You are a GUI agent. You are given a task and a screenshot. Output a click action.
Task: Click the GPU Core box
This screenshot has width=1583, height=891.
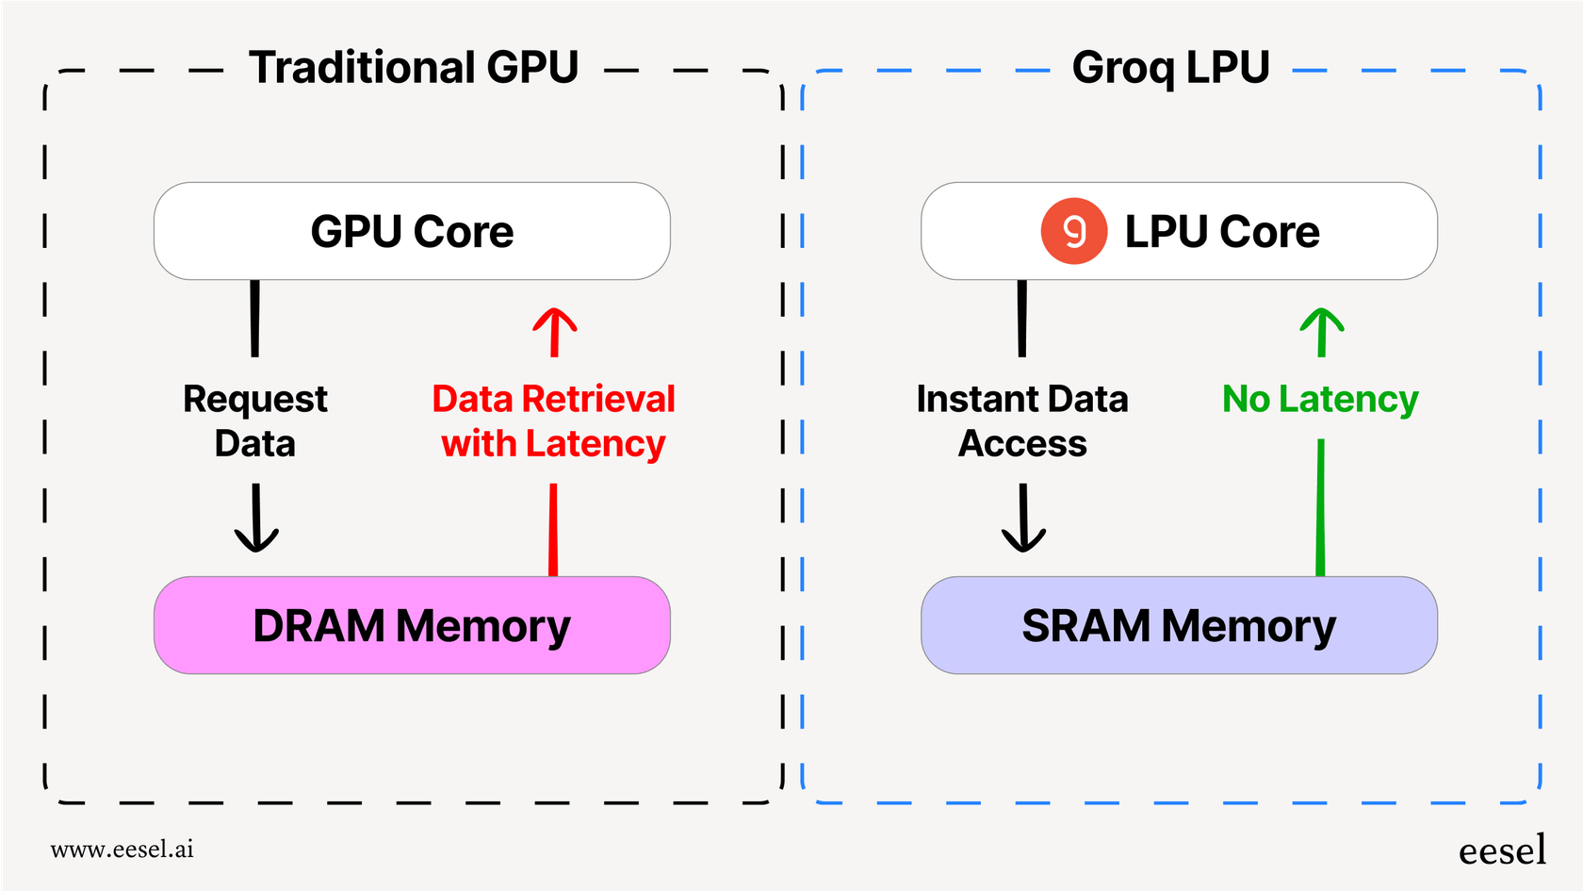412,231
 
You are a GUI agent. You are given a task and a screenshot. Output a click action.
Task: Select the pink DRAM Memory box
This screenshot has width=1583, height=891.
412,625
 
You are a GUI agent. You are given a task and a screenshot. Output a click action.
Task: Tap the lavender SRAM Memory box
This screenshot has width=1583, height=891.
1179,625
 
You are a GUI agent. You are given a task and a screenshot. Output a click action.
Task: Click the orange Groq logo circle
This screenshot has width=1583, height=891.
1073,231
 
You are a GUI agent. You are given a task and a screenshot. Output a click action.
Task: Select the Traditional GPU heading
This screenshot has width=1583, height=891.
413,68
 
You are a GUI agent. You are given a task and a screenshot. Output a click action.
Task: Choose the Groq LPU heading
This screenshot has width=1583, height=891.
1171,68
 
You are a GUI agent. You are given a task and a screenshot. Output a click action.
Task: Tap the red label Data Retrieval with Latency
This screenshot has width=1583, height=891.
554,421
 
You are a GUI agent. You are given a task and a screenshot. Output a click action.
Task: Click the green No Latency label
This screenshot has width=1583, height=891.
1320,399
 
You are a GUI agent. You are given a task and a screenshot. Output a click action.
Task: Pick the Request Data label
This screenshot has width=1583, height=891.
255,421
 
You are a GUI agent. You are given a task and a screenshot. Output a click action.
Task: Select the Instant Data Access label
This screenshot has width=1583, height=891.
1022,421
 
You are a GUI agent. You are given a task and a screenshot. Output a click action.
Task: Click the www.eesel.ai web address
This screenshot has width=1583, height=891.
122,850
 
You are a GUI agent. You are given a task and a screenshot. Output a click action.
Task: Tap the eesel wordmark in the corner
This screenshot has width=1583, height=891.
1502,850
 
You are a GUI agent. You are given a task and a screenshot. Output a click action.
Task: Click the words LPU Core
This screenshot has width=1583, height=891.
1222,232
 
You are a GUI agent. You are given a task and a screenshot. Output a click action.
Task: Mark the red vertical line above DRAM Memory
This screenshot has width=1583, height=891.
553,529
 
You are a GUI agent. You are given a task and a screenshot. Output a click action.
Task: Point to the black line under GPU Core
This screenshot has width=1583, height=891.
254,318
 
